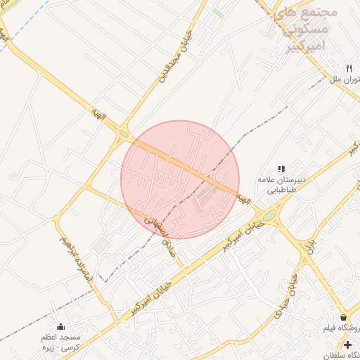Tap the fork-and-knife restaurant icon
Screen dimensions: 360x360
349,68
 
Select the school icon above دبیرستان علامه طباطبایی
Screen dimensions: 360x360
281,169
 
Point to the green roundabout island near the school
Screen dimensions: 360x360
269,214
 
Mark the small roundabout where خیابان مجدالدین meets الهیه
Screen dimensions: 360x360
124,133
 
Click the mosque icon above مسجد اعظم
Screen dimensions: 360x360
60,326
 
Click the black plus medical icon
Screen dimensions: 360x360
348,344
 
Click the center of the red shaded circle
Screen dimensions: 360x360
180,179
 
